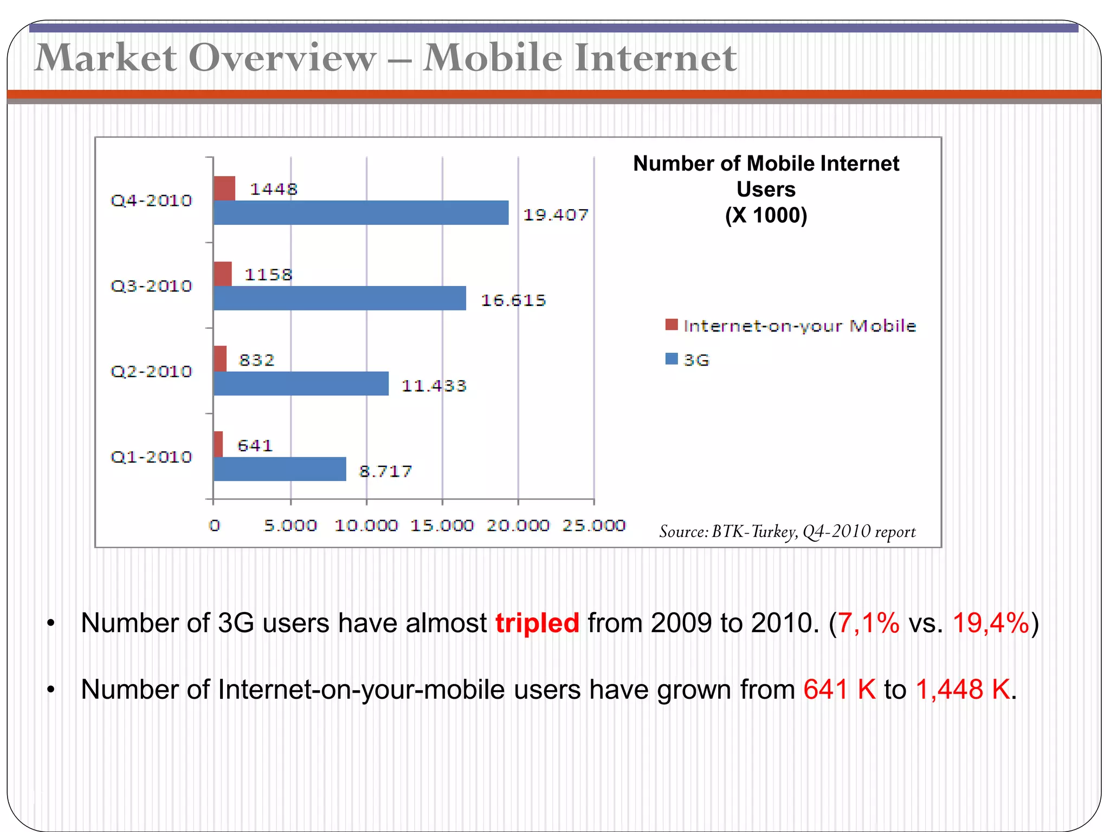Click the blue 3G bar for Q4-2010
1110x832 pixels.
tap(361, 212)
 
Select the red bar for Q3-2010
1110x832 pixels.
tap(223, 274)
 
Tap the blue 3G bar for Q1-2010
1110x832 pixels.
tap(280, 469)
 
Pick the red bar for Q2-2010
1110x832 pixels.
tap(220, 359)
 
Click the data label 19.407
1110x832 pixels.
tap(556, 215)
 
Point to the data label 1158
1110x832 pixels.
tap(268, 275)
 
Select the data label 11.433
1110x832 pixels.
tap(434, 386)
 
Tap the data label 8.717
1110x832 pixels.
tap(386, 471)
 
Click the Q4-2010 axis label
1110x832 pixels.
tap(151, 201)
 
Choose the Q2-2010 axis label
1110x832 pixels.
tap(151, 372)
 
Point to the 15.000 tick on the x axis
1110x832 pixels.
tap(442, 525)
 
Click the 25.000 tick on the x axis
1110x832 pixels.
tap(594, 525)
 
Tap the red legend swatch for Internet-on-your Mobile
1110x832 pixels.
tap(672, 324)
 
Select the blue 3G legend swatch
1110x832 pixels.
tap(672, 359)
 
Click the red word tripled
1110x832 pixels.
tap(537, 623)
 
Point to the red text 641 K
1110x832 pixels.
tap(840, 690)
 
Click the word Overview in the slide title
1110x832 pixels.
tap(282, 57)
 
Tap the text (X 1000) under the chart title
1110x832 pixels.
tap(766, 215)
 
